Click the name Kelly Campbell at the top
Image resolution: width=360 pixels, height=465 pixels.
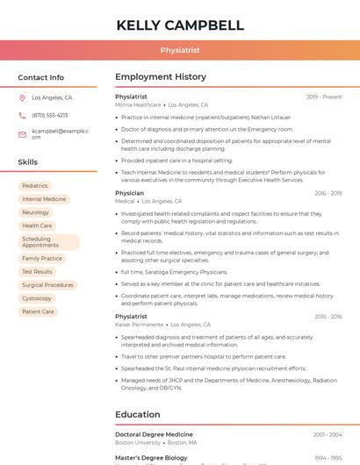180,25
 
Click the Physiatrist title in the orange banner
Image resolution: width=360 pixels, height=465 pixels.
180,51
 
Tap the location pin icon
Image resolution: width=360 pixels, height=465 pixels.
23,98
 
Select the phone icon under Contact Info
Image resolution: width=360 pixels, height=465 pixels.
23,115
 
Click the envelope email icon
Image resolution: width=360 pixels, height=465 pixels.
23,133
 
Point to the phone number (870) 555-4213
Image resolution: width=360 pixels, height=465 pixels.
49,115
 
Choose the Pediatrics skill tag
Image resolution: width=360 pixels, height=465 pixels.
35,186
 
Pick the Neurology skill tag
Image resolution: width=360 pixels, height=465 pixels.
35,212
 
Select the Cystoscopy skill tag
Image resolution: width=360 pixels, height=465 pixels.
37,298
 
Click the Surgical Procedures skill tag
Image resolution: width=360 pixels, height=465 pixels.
47,285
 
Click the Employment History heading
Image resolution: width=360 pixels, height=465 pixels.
161,77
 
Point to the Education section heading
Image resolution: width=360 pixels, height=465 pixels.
138,414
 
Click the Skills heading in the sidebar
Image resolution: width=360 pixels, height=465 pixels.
27,162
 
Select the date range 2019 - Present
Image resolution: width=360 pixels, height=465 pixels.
324,97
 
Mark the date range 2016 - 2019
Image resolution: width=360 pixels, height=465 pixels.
328,193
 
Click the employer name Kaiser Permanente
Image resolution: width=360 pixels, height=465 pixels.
139,325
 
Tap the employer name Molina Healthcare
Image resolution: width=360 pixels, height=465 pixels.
138,104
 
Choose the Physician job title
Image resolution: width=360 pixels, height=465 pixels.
129,193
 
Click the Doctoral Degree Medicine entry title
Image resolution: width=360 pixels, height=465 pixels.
154,434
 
